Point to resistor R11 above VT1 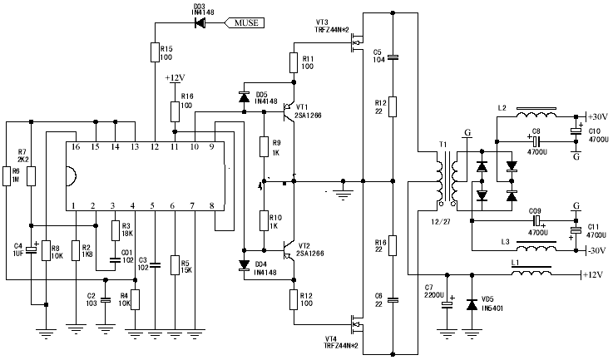tap(294, 63)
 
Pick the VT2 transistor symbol tap(287, 249)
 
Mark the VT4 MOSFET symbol tap(357, 320)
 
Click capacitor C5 tap(393, 57)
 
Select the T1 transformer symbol tap(447, 177)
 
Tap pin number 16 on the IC tap(75, 146)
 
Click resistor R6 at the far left tap(7, 176)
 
